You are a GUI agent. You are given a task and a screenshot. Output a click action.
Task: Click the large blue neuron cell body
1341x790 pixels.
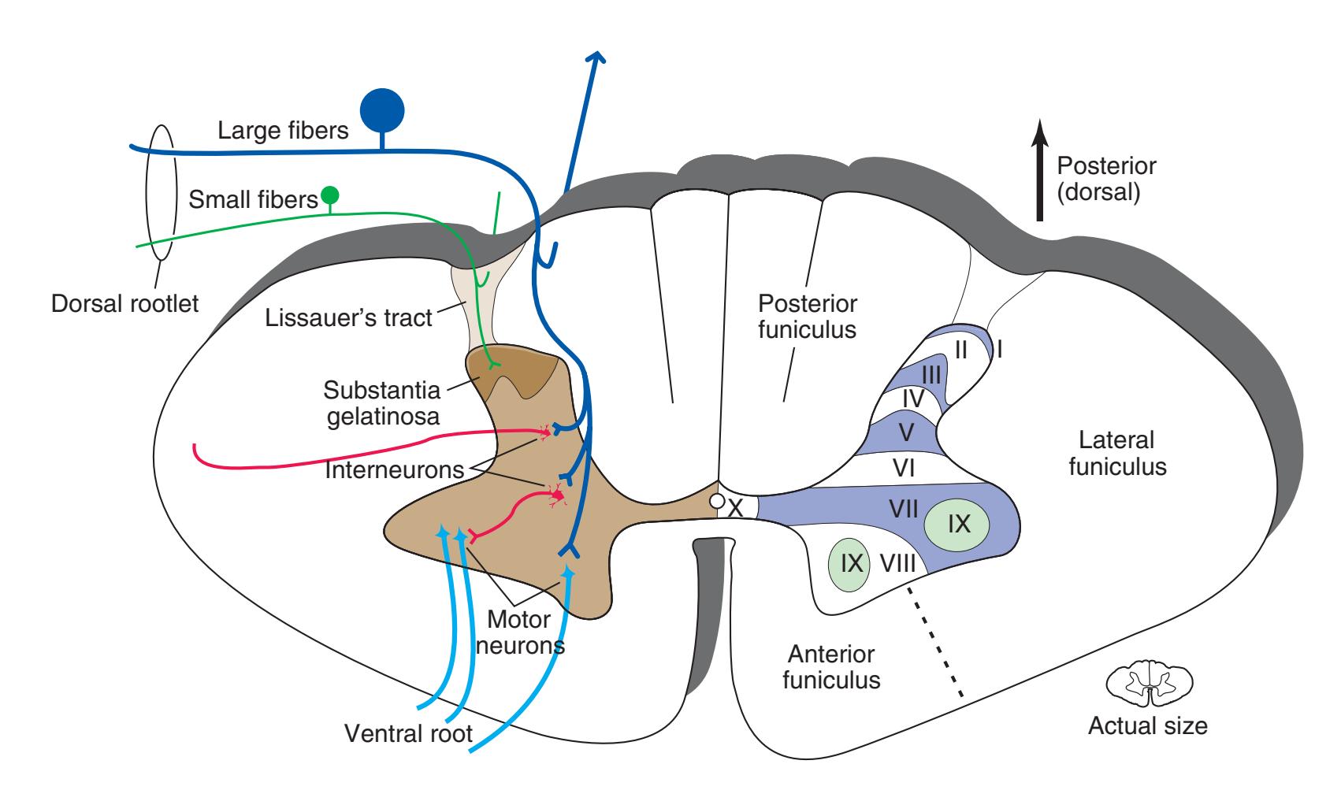point(382,110)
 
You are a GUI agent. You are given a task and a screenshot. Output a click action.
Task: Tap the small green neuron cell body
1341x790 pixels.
point(330,195)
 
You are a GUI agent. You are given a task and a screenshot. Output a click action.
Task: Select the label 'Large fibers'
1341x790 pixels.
point(283,130)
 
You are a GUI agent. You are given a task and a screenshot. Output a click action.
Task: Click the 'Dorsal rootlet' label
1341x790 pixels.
point(125,303)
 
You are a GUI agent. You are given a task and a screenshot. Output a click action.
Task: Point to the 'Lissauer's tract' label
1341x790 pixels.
point(349,317)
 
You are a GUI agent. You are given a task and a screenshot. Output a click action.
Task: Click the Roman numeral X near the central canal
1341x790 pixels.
point(736,509)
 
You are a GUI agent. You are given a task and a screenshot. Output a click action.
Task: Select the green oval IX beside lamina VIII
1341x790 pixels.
point(849,562)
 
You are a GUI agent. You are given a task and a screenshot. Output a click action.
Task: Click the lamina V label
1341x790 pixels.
point(907,432)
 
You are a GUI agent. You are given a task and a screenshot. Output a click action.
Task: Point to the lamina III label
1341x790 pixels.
point(931,375)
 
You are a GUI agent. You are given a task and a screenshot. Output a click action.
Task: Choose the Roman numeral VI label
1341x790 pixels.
point(904,469)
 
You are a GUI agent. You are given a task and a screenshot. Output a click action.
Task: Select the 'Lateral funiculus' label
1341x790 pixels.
point(1116,453)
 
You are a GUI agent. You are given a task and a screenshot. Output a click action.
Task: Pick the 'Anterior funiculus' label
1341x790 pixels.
point(831,666)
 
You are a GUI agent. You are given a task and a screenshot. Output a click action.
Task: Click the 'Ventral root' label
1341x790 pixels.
point(408,734)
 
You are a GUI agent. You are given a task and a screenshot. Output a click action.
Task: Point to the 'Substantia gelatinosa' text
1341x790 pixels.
point(383,402)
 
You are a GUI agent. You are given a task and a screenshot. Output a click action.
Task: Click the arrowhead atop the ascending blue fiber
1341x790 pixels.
point(597,57)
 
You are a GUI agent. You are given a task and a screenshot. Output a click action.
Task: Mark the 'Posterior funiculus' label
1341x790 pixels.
point(807,316)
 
